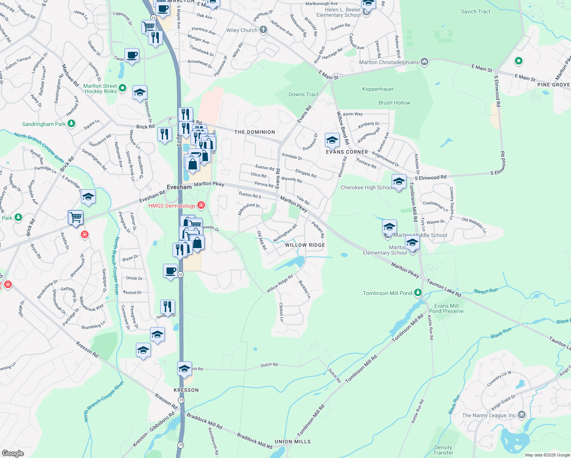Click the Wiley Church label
[242, 30]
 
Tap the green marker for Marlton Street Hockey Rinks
[123, 88]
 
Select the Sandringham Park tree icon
[71, 124]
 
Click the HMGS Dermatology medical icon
[201, 206]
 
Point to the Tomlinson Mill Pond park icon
[418, 293]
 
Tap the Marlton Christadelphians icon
[424, 62]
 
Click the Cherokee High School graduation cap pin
[399, 182]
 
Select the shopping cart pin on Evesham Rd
[76, 218]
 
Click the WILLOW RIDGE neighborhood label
[305, 245]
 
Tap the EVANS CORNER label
[347, 152]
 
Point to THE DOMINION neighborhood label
[255, 132]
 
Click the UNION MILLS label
[293, 442]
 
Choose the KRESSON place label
[186, 390]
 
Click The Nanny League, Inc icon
[522, 415]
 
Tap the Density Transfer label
[443, 450]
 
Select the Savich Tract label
[476, 11]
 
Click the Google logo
[13, 453]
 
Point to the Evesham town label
[179, 187]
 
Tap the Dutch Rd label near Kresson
[269, 365]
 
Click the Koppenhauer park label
[378, 89]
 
